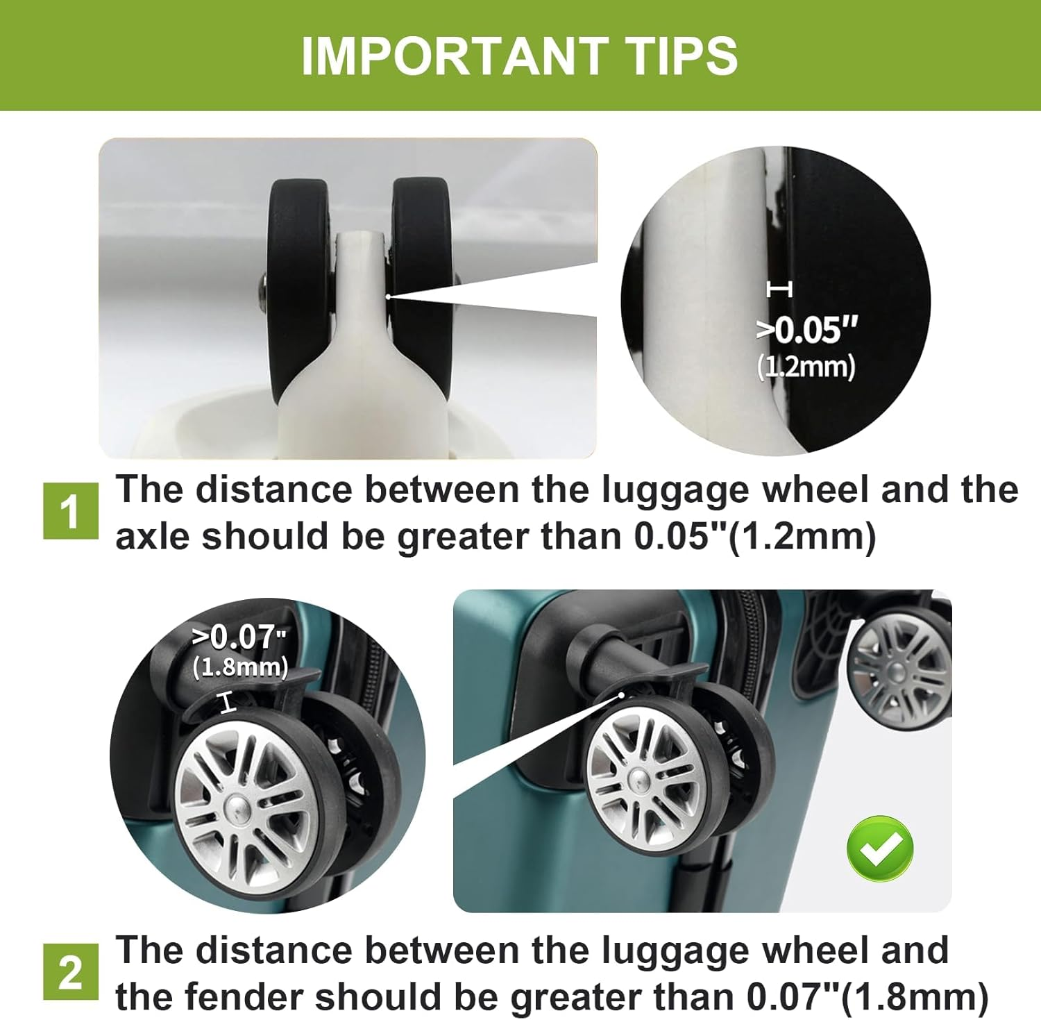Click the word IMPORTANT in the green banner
point(452,56)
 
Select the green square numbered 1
point(70,511)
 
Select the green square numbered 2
point(70,971)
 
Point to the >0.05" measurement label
point(807,330)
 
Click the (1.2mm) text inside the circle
point(806,366)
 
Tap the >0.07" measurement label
point(239,637)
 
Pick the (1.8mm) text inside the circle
point(240,667)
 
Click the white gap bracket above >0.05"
point(779,289)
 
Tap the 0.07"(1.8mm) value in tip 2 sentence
point(867,997)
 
